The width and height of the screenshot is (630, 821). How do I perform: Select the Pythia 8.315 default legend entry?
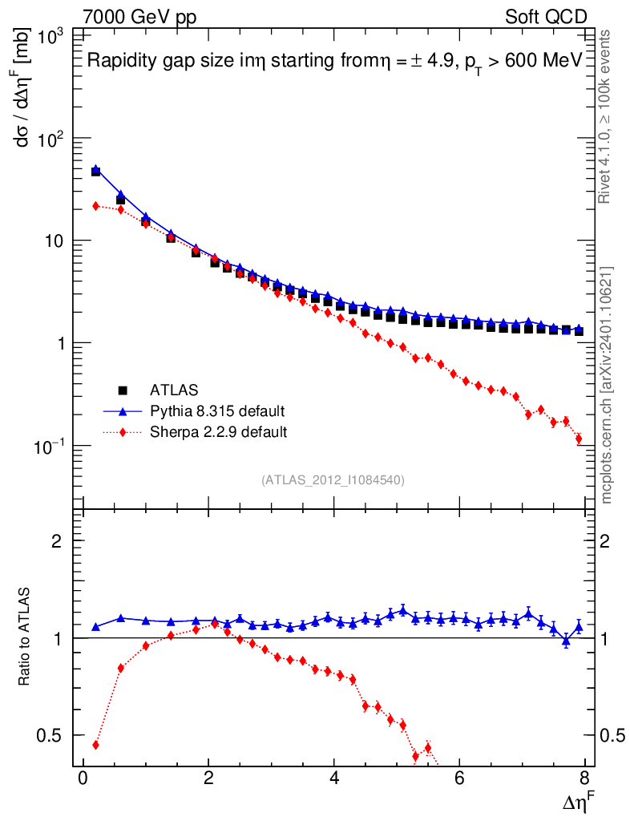coord(216,411)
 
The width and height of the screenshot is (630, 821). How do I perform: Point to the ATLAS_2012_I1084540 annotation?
coord(333,480)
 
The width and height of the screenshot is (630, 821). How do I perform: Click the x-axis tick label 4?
coord(334,779)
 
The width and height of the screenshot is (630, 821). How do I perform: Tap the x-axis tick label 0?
coord(83,779)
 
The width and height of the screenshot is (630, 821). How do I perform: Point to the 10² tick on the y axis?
coord(50,138)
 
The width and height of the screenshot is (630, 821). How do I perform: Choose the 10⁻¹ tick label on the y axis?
coord(46,446)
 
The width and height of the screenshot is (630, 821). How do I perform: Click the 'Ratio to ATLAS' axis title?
coord(26,637)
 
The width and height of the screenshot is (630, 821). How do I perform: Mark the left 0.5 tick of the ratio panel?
coord(50,735)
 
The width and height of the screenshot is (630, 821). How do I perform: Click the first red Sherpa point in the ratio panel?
coord(95,745)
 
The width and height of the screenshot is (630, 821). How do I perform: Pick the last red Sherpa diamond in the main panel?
coord(579,439)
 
